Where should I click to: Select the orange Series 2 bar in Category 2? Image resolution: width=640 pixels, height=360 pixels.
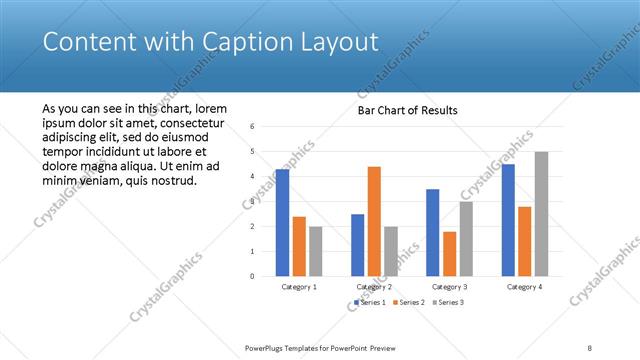point(374,221)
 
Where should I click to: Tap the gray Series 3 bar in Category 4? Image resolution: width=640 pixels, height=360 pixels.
point(541,214)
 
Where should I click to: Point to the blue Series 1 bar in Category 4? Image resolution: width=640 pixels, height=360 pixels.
point(509,220)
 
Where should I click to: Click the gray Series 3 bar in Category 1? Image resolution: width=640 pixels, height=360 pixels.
point(316,251)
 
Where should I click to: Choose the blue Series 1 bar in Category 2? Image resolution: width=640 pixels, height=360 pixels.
point(357,245)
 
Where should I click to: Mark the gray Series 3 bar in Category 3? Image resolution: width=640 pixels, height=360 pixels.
point(466,239)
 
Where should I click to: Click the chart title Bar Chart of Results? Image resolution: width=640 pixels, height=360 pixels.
point(408,110)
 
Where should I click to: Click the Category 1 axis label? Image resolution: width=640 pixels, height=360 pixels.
point(299,287)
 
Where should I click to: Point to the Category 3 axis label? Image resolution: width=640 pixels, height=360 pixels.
point(449,287)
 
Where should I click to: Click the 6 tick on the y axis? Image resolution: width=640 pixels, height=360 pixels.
point(253,127)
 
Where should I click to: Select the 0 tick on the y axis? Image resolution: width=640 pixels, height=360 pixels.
point(253,276)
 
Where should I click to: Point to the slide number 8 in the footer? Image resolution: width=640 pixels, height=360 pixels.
point(590,347)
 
